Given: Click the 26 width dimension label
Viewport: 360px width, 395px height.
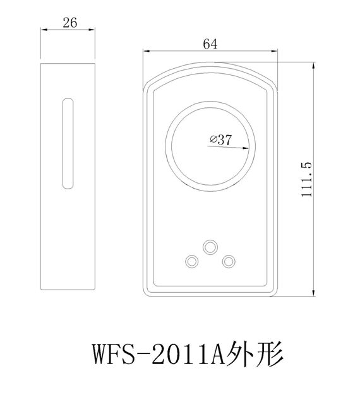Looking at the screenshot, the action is (70, 23).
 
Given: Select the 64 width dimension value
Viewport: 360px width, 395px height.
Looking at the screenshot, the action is (210, 44).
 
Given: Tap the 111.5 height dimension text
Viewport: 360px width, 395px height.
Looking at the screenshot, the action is (306, 180).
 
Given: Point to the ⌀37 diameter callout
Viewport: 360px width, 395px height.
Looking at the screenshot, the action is (221, 139).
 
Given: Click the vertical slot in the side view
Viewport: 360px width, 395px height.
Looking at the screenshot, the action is (68, 144).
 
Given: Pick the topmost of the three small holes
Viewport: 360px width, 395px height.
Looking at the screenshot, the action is (210, 247).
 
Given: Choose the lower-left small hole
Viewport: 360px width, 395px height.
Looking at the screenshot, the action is (191, 261).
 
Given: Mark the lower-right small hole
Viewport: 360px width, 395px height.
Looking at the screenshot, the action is (229, 261).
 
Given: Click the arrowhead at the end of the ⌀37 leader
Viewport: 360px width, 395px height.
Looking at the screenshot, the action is (245, 148).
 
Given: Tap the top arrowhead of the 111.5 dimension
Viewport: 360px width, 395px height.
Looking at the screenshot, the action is (313, 66).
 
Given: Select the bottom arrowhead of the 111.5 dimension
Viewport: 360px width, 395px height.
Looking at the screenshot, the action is (313, 293).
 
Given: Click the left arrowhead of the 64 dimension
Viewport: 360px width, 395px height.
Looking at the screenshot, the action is (147, 51).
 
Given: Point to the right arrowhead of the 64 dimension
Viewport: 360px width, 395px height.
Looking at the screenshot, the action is (273, 51).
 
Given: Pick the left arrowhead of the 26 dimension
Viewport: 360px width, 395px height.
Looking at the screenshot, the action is (44, 30).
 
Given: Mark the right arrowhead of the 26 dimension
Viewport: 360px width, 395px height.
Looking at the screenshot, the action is (91, 30).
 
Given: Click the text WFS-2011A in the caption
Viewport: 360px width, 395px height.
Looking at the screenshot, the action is (159, 353).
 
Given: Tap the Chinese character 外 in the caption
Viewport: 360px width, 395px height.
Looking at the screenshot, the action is (240, 353).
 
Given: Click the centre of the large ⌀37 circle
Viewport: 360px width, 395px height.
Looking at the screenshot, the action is (210, 146).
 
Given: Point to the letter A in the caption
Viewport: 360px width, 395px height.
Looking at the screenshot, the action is (216, 353).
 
